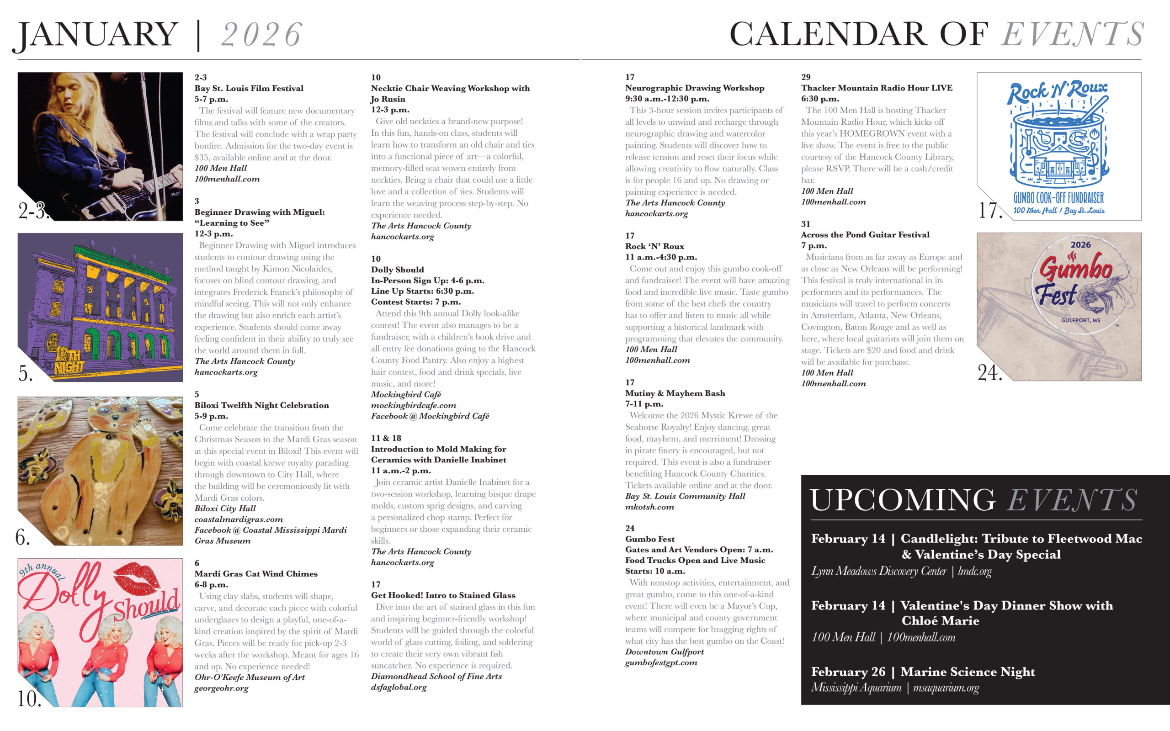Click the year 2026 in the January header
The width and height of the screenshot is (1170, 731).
(261, 35)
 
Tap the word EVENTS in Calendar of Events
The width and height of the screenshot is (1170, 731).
(1072, 35)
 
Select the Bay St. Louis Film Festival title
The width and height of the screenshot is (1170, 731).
(249, 89)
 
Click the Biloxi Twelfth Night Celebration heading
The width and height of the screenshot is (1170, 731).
(261, 405)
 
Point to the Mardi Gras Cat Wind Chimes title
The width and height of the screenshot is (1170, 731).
(256, 574)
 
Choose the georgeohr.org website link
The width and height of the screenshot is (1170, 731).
(221, 688)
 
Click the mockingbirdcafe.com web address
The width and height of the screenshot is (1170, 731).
(413, 405)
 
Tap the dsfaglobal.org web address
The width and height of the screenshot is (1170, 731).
(399, 687)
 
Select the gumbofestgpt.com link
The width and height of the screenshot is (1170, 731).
(661, 662)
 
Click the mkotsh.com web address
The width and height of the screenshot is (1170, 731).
(649, 507)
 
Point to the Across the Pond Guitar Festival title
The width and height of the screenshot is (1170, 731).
(865, 235)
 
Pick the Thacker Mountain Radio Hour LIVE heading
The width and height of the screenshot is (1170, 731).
(877, 88)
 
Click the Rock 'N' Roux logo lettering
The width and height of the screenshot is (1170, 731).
(1058, 92)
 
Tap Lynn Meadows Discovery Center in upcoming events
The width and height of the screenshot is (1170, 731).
(878, 572)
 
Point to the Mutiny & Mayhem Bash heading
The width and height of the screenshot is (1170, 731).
(675, 393)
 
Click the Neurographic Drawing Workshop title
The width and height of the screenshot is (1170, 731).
(694, 88)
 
